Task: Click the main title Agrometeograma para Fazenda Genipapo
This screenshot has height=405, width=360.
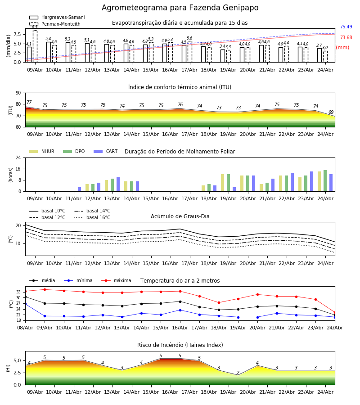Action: tap(180, 8)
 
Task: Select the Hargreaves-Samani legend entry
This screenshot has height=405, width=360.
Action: tap(57, 17)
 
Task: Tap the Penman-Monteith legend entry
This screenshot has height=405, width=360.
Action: tap(55, 24)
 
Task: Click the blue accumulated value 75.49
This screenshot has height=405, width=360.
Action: tap(346, 27)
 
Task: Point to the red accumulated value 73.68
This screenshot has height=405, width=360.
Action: tap(346, 37)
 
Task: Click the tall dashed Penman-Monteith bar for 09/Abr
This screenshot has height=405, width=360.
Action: tap(35, 46)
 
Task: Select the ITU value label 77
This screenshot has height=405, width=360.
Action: tap(29, 102)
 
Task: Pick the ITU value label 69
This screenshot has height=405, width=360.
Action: tap(331, 112)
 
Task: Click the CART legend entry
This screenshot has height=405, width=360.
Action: tap(106, 151)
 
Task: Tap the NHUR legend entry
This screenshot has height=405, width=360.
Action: tap(42, 151)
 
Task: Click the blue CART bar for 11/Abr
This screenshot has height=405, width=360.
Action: tap(79, 189)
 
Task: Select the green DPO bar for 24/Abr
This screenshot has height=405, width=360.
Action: tap(325, 181)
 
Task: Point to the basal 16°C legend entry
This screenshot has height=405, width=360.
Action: tap(92, 217)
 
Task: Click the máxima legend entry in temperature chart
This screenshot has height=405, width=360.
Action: tap(117, 280)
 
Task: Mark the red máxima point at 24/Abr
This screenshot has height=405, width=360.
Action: tap(335, 313)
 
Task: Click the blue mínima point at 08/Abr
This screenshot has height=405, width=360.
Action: tap(25, 304)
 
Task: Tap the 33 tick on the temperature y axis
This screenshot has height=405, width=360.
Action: tap(18, 292)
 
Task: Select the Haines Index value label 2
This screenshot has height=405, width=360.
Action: tap(238, 373)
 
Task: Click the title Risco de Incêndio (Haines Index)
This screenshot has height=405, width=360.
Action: tap(180, 345)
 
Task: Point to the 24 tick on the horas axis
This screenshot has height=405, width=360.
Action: tap(18, 157)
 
